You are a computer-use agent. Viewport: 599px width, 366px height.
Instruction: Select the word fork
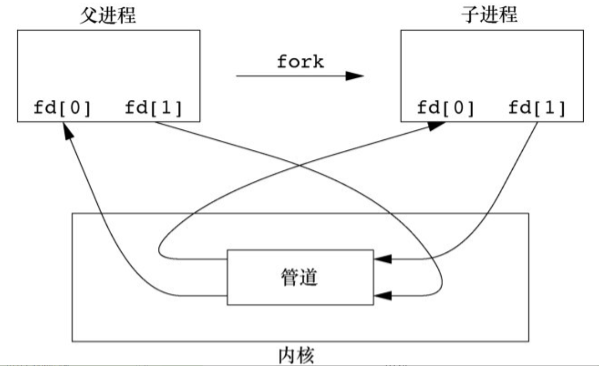click(x=300, y=62)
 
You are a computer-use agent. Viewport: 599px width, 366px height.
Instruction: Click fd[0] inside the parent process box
click(x=62, y=108)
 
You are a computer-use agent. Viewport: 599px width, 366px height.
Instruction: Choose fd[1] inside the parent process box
click(x=154, y=108)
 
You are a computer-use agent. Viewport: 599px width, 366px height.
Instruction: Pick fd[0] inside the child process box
click(x=446, y=108)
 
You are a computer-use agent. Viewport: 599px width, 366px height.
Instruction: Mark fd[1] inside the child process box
click(x=537, y=108)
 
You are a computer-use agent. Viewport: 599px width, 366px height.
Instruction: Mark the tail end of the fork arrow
click(x=238, y=76)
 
